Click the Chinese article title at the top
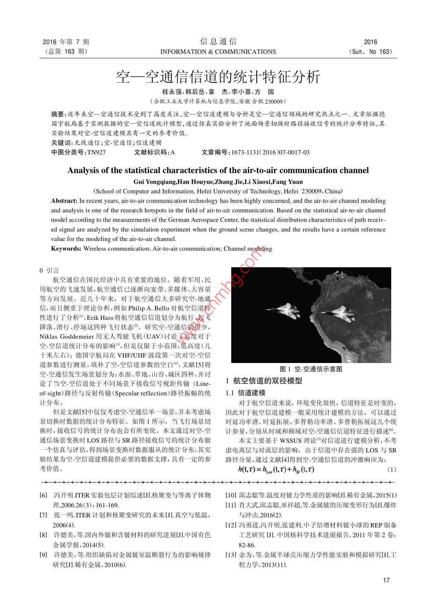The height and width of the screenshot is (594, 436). tap(218, 77)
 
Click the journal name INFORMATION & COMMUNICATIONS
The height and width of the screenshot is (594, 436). tap(218, 52)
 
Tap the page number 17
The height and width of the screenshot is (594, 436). tap(386, 580)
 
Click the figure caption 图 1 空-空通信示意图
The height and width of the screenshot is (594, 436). tap(311, 369)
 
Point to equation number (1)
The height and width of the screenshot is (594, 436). tap(391, 469)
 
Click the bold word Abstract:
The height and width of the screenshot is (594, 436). tap(64, 201)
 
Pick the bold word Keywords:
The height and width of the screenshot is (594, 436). tap(66, 249)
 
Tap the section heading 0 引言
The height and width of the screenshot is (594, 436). tap(49, 270)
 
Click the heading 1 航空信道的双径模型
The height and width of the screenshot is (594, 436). tap(264, 381)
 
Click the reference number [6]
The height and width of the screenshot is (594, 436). tap(43, 495)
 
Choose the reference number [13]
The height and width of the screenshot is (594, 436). tap(231, 555)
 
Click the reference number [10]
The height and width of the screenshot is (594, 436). tap(231, 495)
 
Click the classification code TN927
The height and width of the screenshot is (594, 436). tap(96, 152)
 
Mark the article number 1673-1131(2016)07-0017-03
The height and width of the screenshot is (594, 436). tap(270, 152)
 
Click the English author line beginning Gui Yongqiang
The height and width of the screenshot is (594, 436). tap(218, 182)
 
